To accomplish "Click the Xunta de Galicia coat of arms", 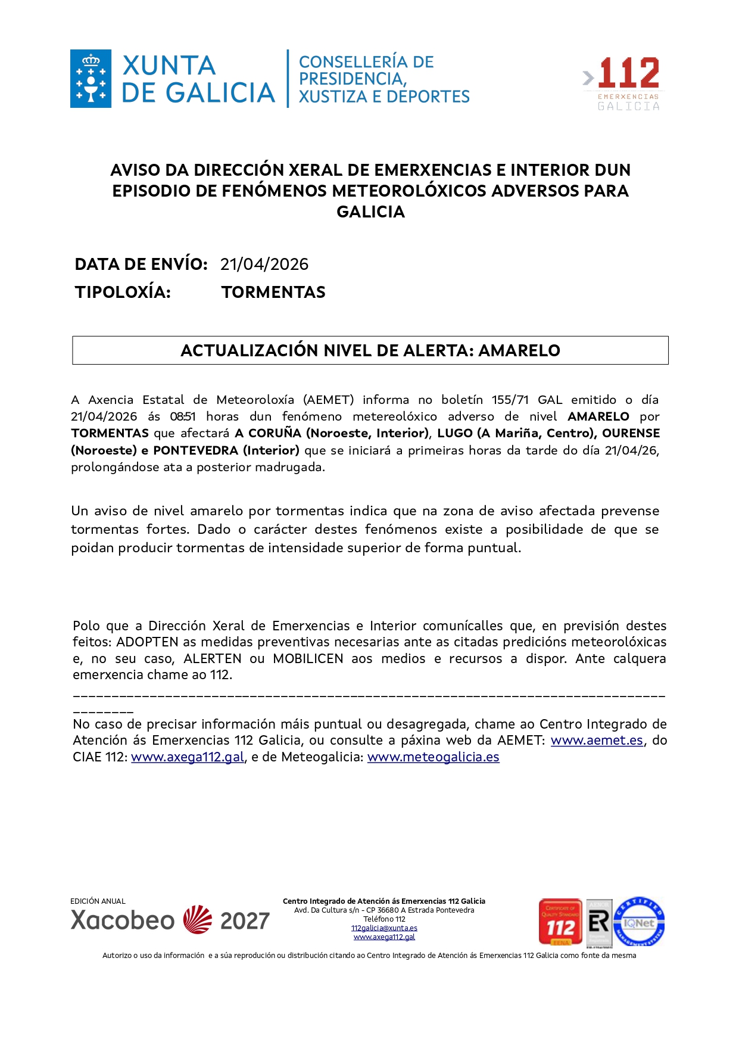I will (91, 79).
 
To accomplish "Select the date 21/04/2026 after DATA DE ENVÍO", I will (264, 265).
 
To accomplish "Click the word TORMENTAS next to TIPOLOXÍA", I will (273, 293).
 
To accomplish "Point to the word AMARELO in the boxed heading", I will (519, 351).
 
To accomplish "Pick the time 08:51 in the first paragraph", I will (182, 416).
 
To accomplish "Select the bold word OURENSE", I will (631, 433).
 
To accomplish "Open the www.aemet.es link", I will (597, 741).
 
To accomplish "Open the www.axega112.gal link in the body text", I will (188, 757).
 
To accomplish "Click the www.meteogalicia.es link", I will (433, 757).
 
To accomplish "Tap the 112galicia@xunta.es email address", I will (384, 928).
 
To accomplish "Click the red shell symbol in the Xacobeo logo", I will (198, 920).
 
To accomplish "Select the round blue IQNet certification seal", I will (639, 922).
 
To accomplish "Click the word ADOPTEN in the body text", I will (147, 642).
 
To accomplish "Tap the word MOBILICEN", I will (308, 659).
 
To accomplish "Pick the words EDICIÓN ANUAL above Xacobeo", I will (98, 901).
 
